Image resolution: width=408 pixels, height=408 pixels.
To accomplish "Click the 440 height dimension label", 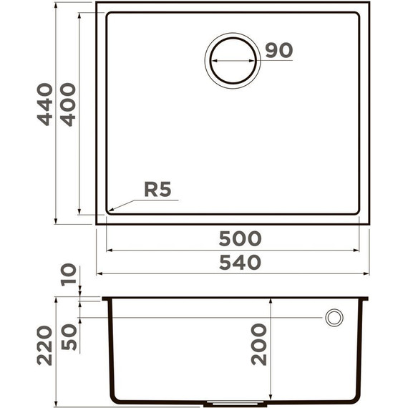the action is [x=45, y=105].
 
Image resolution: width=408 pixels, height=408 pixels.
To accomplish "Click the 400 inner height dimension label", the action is [x=68, y=105].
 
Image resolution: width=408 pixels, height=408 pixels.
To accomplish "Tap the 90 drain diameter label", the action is [x=279, y=50].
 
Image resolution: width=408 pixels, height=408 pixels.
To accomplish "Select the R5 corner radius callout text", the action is [x=157, y=190].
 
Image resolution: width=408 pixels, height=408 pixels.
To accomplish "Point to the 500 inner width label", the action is [x=240, y=238].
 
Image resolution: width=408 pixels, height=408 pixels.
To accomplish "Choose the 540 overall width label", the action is [x=240, y=262].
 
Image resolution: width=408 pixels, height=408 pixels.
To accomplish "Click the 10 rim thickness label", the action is [x=69, y=275].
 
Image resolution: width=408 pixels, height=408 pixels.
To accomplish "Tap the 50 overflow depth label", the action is [x=69, y=337].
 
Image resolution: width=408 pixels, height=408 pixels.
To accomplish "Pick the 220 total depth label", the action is [x=44, y=346].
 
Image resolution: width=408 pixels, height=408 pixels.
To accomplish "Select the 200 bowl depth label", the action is [x=259, y=344].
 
